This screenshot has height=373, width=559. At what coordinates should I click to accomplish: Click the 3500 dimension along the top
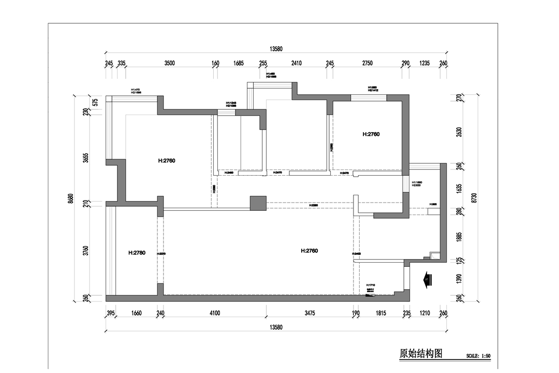tap(169, 63)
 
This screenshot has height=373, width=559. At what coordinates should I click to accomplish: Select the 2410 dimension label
tap(297, 63)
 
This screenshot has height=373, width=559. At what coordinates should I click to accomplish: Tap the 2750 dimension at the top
tap(367, 63)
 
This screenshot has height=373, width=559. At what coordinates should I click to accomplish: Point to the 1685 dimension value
tap(239, 63)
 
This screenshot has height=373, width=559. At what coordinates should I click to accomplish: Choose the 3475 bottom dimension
tap(310, 313)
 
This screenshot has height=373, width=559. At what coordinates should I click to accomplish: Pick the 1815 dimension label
tap(380, 313)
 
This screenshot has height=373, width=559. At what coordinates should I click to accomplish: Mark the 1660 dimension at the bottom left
tap(137, 313)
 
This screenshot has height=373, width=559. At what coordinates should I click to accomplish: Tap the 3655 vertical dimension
tap(86, 158)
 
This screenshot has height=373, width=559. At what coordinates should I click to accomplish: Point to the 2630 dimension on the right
tap(459, 133)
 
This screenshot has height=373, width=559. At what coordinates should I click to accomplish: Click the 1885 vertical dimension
tap(459, 237)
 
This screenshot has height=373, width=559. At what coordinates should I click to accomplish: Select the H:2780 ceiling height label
tap(137, 253)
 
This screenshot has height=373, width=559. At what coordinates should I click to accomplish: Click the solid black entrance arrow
tap(427, 280)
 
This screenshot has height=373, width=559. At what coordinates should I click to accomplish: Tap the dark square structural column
tap(257, 203)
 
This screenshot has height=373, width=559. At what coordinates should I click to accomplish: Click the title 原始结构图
tap(421, 354)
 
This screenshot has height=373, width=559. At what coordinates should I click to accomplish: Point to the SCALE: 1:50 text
tap(478, 356)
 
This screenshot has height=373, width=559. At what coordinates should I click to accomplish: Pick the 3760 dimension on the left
tap(86, 251)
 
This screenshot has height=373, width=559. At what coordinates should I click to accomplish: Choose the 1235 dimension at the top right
tap(424, 63)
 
